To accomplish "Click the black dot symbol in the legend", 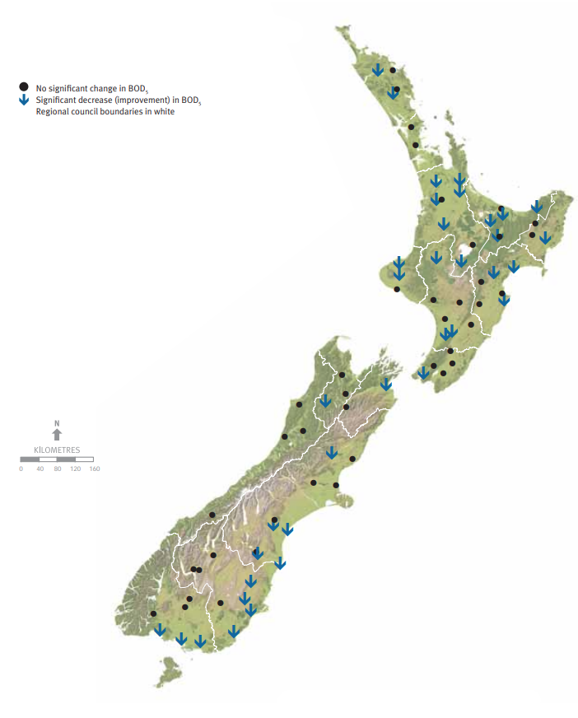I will tap(24, 86).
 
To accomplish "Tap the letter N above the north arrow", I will tap(57, 423).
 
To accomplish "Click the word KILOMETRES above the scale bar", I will tap(57, 450).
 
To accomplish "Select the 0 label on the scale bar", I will tap(21, 469).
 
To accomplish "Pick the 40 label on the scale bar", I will tap(40, 469).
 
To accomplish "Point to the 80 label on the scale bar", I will tap(58, 469).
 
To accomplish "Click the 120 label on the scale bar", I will tap(75, 469).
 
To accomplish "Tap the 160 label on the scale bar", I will tap(94, 469).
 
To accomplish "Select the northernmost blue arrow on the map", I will tap(377, 70).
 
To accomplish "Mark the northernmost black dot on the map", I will tap(393, 71).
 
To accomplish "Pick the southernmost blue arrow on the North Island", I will tap(423, 373).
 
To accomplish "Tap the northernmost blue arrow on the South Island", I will tap(386, 384).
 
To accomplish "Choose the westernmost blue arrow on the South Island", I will tap(160, 630).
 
